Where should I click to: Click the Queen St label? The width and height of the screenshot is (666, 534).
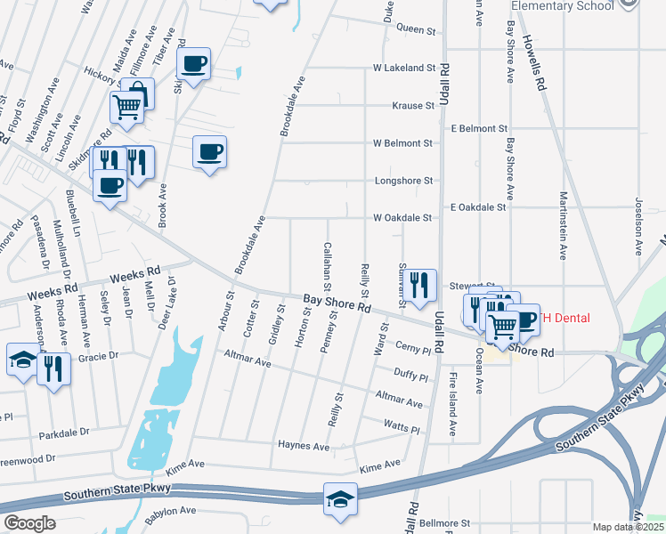[415, 29]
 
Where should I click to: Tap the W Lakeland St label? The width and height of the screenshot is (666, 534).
[404, 68]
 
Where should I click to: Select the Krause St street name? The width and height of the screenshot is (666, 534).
[413, 105]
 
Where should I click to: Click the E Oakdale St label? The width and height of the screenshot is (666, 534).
[478, 206]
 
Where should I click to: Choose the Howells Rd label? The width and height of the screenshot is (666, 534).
[535, 66]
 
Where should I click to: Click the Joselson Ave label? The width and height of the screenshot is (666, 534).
[638, 225]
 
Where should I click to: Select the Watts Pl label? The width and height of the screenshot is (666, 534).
[401, 427]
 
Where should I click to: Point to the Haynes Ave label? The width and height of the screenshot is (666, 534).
[304, 445]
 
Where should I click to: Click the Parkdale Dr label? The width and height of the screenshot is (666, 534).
[65, 433]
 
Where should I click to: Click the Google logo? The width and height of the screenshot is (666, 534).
[29, 523]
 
